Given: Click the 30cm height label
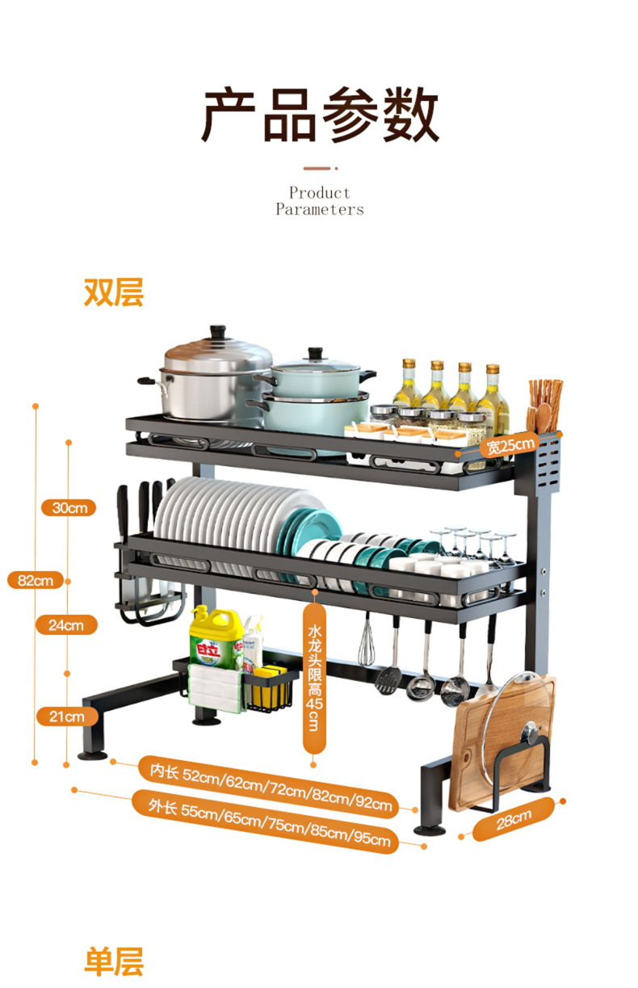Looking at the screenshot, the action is click(x=69, y=507).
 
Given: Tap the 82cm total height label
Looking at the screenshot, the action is click(x=36, y=580).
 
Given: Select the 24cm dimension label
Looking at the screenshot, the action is click(x=66, y=625).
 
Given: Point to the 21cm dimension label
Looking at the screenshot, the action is click(x=67, y=717).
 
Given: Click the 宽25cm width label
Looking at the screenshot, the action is click(x=510, y=446).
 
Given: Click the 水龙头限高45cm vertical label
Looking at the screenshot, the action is click(x=315, y=678).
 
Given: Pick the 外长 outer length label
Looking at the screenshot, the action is click(x=267, y=822).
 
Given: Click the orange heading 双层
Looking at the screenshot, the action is click(x=114, y=292).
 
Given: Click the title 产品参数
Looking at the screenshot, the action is click(x=320, y=114).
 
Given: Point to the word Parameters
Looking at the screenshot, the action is click(x=320, y=209).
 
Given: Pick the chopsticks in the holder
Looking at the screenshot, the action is click(x=545, y=405).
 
